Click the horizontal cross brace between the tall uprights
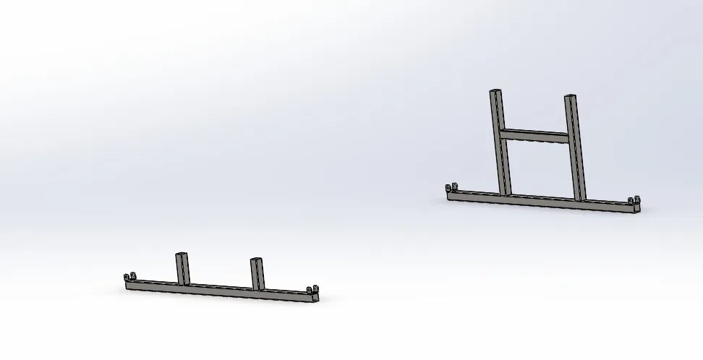pos(536,135)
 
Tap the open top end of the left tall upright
pos(495,92)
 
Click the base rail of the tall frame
pos(542,200)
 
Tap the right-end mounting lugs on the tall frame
pos(634,201)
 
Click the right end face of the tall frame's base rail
pos(639,209)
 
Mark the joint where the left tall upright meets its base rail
pos(506,193)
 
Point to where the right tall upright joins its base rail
pos(579,199)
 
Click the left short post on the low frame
pos(181,269)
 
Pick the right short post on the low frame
pos(256,273)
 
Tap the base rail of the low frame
pos(217,290)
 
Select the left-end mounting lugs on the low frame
pos(130,278)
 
